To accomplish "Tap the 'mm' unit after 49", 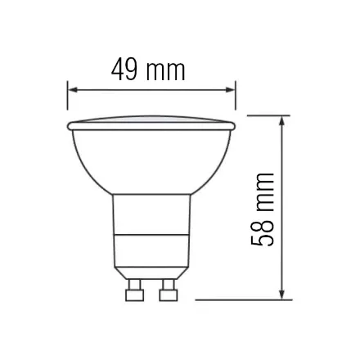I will pyautogui.click(x=167, y=71).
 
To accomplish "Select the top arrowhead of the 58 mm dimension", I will pyautogui.click(x=282, y=120).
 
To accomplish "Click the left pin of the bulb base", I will pyautogui.click(x=132, y=290).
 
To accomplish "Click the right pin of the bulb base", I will pyautogui.click(x=169, y=290).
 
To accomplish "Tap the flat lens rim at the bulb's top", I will pyautogui.click(x=151, y=124).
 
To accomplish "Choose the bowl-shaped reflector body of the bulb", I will pyautogui.click(x=151, y=160).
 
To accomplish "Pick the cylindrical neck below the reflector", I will pyautogui.click(x=151, y=217).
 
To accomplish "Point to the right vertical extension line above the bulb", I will pyautogui.click(x=236, y=98).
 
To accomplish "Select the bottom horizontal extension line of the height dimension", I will pyautogui.click(x=245, y=299).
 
